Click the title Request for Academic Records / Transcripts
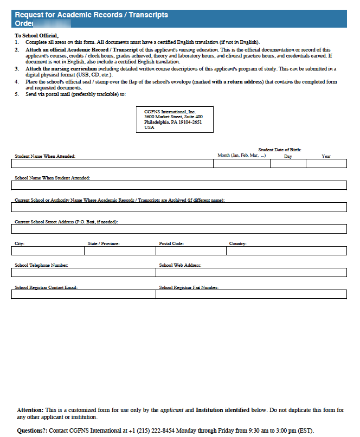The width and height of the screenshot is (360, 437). click(92, 15)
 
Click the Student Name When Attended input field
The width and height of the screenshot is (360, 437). click(112, 164)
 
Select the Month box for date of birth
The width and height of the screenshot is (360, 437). click(241, 164)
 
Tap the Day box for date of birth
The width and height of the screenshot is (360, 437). click(288, 164)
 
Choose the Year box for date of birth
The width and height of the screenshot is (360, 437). click(326, 164)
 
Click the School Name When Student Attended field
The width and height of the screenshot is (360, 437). click(179, 185)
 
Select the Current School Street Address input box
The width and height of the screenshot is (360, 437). click(179, 229)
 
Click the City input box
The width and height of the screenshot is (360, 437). click(48, 250)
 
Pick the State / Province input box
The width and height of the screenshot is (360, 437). click(120, 250)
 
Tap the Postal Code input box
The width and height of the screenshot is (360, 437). click(190, 250)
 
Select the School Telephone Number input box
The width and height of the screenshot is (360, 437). click(83, 272)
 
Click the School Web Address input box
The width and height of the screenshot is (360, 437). click(251, 272)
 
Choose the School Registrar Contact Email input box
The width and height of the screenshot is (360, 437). click(83, 294)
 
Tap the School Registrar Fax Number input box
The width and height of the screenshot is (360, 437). click(251, 294)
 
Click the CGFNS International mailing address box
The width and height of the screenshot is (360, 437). click(175, 119)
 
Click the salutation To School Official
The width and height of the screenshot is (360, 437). click(36, 35)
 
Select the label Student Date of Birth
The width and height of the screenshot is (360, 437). click(279, 150)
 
